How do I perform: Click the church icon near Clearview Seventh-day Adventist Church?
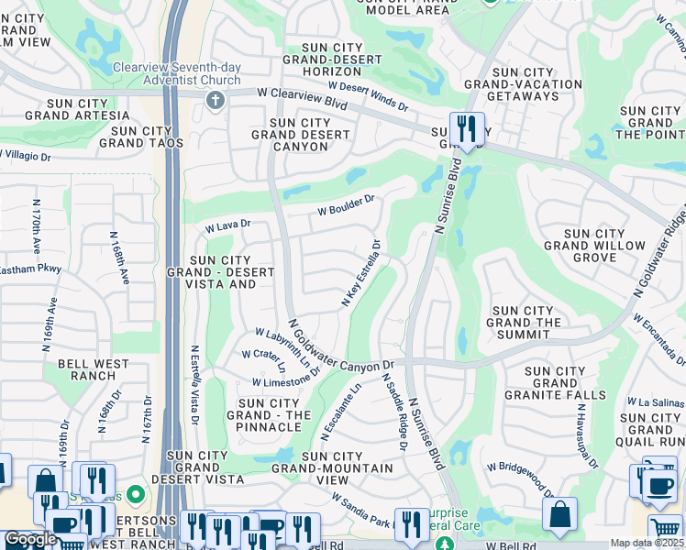point(216,99)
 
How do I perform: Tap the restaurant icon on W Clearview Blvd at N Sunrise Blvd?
point(467,129)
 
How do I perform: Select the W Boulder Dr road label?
point(347,204)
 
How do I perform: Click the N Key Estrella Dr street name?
point(362,272)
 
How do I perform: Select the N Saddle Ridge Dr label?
point(394,412)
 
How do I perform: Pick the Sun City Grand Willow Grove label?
point(581,246)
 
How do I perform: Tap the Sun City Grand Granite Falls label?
point(555,383)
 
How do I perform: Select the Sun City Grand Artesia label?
point(63,108)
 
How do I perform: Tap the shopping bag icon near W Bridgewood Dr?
point(559,514)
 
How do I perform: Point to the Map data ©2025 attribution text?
point(647,543)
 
